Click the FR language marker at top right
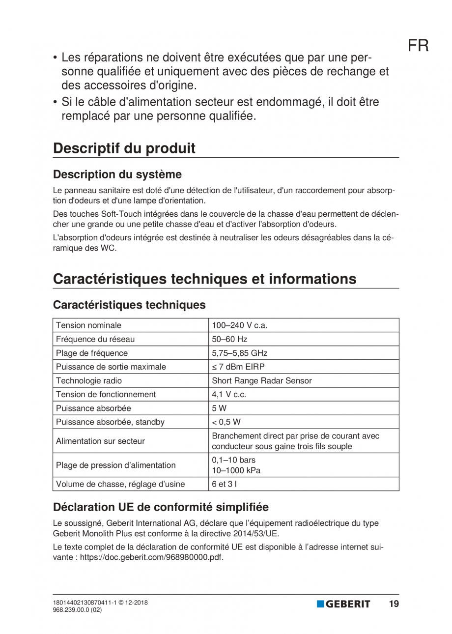418,46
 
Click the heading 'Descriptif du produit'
124,148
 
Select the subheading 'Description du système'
117,174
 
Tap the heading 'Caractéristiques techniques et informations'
204,279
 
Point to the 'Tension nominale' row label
88,325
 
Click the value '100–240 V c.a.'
239,325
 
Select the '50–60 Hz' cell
229,339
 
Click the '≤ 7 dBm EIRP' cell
238,367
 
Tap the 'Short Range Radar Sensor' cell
261,380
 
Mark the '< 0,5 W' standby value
226,422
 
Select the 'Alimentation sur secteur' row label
100,441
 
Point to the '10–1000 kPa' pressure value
236,470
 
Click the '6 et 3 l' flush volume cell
224,484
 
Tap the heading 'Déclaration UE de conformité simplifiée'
161,507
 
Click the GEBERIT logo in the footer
343,604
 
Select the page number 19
394,604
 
